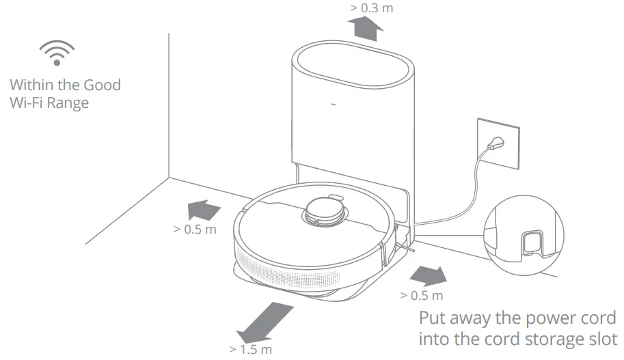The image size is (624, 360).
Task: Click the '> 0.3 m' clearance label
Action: tap(372, 8)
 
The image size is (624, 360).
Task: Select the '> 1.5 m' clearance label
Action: tap(251, 350)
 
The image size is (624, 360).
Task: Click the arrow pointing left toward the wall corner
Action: tap(204, 208)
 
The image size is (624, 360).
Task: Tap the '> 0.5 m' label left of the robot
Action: tap(195, 229)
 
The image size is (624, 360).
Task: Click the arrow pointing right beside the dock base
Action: tap(427, 275)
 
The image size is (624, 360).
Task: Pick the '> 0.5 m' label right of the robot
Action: tap(422, 295)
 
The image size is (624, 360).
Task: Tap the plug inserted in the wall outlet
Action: tap(494, 145)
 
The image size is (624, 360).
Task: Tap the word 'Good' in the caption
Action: tap(102, 85)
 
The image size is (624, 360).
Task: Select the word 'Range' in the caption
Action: tap(68, 103)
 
